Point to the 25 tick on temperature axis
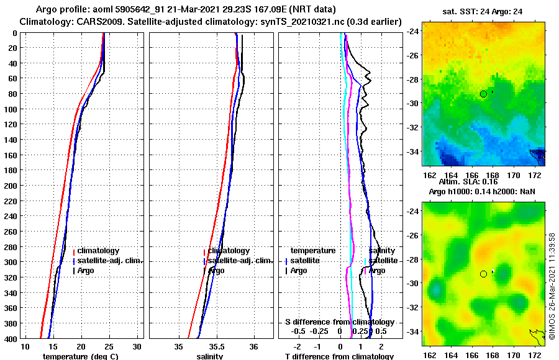coord(110,346)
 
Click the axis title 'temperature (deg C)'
coord(80,356)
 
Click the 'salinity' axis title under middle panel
coord(211,356)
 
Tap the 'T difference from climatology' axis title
coord(339,356)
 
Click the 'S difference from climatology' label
coord(340,322)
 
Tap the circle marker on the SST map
coord(483,94)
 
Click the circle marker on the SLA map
coord(483,274)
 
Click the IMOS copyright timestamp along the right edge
coord(552,286)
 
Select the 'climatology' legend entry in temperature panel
coord(101,251)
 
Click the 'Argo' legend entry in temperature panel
coord(87,271)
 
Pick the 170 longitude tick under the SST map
coord(514,175)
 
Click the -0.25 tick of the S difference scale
coord(320,331)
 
